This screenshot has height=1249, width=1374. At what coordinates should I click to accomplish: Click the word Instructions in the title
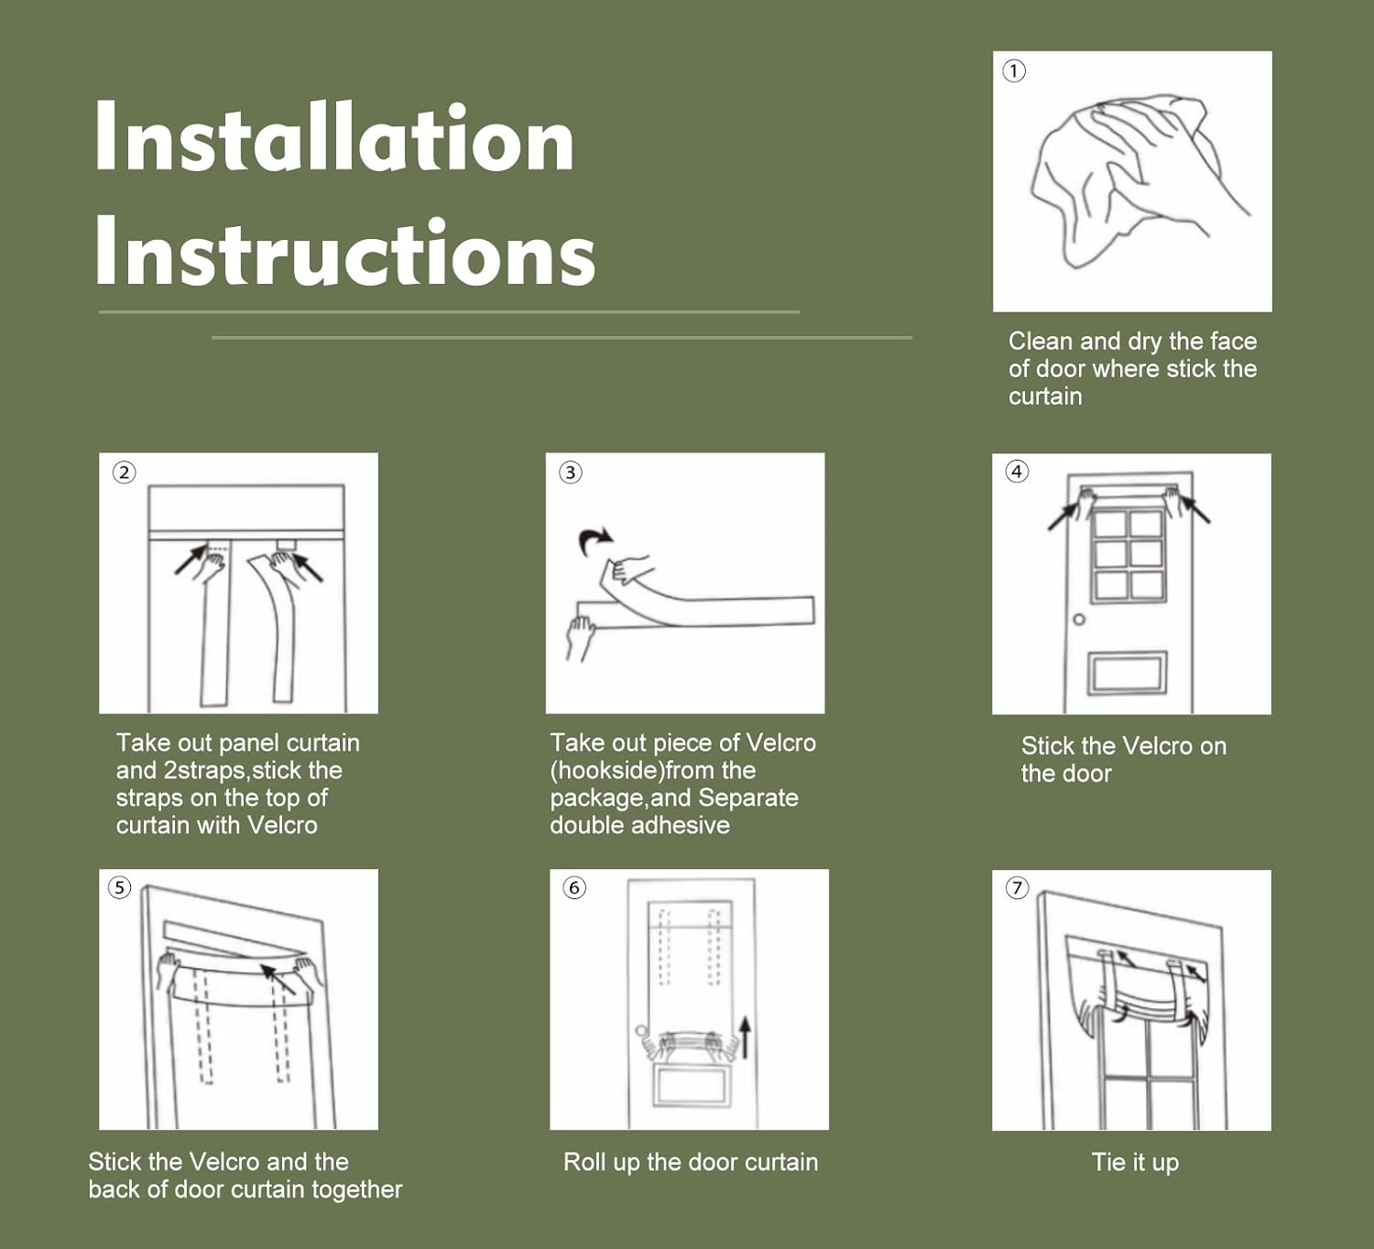345,251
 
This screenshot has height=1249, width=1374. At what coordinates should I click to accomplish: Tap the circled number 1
1014,71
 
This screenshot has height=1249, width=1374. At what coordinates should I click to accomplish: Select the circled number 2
124,472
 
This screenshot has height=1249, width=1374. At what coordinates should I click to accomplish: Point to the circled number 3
571,472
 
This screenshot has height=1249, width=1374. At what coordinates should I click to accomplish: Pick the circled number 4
1017,472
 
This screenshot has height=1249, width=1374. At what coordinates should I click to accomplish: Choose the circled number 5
119,888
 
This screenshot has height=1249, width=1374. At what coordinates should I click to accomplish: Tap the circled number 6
574,888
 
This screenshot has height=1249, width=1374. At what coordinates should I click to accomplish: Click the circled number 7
1017,889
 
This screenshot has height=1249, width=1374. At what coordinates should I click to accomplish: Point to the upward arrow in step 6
746,1037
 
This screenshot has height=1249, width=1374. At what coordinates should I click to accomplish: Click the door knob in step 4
1079,620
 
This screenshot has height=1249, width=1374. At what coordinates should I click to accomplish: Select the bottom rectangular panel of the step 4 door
1128,672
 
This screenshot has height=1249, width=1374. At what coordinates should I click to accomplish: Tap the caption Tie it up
1135,1163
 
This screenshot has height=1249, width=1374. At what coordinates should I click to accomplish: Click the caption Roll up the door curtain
691,1162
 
